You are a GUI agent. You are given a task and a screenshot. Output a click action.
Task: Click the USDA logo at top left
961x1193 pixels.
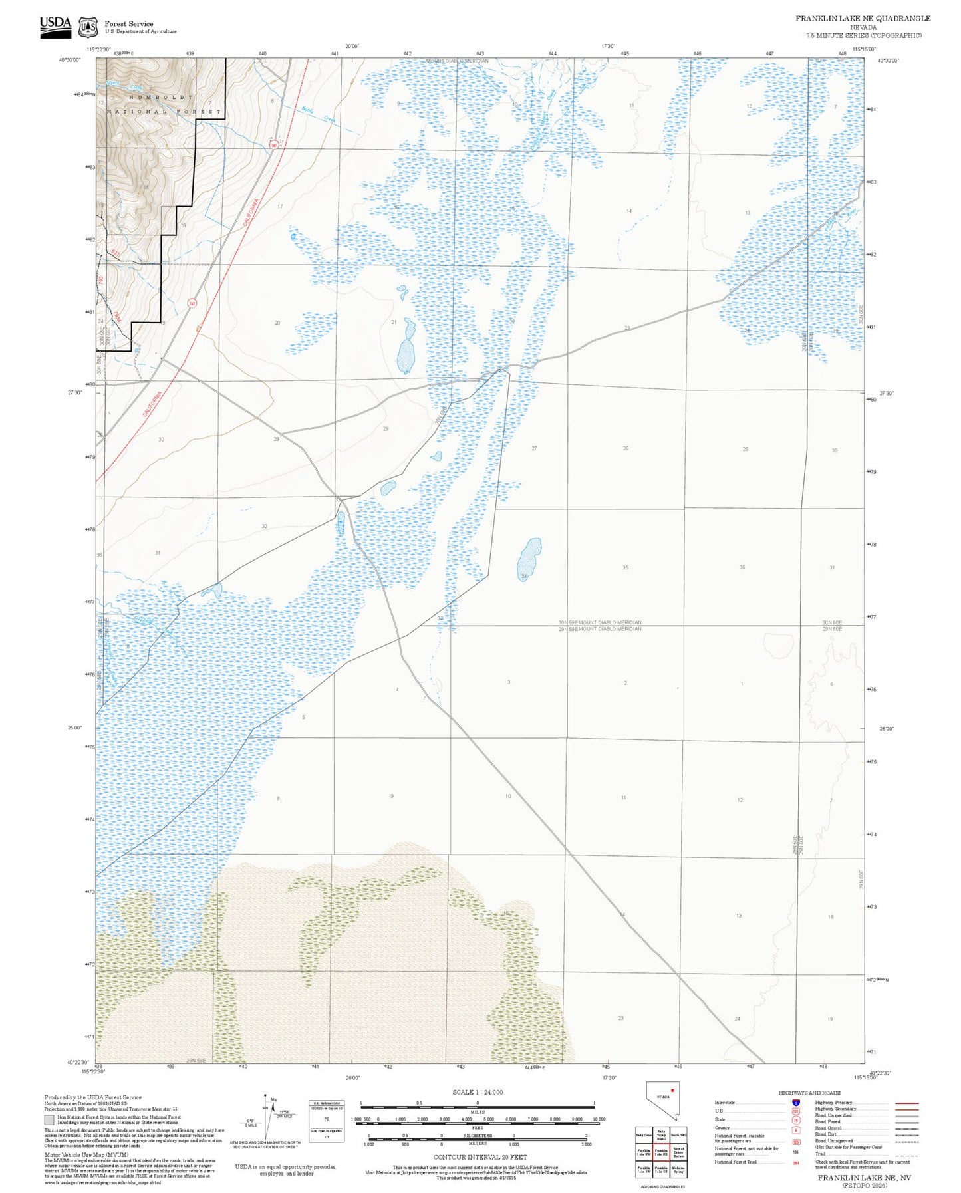pyautogui.click(x=55, y=26)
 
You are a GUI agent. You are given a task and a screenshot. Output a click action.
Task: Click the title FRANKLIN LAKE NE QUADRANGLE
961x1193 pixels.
pyautogui.click(x=863, y=19)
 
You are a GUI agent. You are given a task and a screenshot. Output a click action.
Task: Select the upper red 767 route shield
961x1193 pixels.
pyautogui.click(x=273, y=145)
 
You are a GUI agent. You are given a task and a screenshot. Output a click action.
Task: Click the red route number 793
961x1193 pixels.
pyautogui.click(x=102, y=280)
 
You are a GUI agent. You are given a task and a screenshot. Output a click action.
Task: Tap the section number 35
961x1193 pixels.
pyautogui.click(x=625, y=567)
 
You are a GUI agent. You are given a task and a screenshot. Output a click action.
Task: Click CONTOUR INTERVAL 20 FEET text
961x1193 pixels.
pyautogui.click(x=480, y=1157)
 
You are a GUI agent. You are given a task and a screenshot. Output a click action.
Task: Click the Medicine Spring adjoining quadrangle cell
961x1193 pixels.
pyautogui.click(x=678, y=1170)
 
